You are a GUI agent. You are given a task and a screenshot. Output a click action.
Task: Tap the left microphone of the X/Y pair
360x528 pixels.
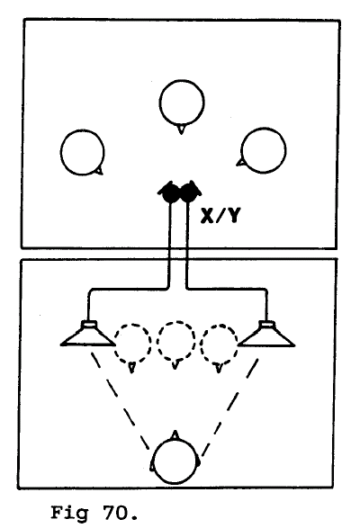click(170, 192)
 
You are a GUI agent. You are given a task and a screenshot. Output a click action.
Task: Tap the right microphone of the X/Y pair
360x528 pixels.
click(189, 192)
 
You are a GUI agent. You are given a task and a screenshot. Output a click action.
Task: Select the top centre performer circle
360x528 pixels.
click(182, 102)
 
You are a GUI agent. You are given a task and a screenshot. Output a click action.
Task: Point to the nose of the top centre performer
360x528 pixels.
click(181, 129)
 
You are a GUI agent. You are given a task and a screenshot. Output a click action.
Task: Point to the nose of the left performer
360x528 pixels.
click(99, 172)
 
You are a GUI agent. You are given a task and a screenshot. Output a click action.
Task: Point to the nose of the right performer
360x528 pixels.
click(240, 163)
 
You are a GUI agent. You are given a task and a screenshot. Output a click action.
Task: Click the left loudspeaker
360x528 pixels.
click(88, 334)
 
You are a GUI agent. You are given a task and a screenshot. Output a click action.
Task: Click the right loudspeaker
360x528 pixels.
click(266, 334)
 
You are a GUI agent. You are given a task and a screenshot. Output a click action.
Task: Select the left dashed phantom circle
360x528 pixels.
click(132, 344)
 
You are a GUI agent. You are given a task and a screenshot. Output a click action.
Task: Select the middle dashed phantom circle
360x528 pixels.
click(175, 342)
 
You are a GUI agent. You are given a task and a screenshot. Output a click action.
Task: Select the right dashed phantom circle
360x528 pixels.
click(220, 345)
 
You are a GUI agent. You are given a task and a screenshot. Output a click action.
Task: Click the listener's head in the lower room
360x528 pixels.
click(175, 461)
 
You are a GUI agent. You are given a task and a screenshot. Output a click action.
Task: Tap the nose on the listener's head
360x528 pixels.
click(175, 434)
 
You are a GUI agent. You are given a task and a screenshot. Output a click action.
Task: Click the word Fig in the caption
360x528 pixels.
click(69, 514)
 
